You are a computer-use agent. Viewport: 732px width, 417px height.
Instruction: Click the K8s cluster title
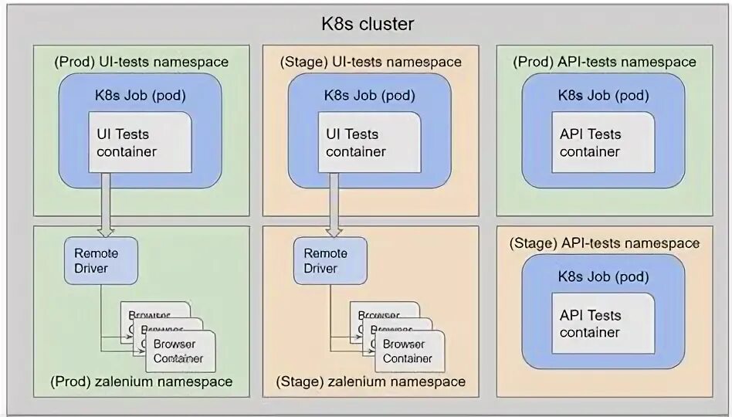[368, 24]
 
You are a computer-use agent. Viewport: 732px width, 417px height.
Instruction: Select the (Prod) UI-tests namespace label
[141, 62]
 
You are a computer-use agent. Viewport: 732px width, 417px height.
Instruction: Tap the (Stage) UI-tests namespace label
[371, 62]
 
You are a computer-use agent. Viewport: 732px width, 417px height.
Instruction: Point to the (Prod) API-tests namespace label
[604, 62]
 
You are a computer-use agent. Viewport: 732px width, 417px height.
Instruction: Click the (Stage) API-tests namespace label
[604, 243]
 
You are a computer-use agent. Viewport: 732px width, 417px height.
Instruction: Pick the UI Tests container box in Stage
[371, 143]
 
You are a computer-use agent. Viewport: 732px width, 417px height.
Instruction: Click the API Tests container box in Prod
[604, 143]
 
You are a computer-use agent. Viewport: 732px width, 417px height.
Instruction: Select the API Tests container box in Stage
[604, 324]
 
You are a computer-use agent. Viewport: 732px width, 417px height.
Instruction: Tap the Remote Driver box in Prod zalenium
[101, 261]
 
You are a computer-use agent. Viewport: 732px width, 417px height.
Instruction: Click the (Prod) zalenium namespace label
[141, 381]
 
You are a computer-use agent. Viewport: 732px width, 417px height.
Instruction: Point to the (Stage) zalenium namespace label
[371, 381]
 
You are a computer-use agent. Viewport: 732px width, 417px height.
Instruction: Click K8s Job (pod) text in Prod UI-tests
[141, 95]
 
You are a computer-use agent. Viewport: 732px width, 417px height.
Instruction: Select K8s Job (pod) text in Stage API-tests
[604, 276]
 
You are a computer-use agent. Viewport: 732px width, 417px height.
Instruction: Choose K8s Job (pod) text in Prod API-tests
[604, 95]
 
